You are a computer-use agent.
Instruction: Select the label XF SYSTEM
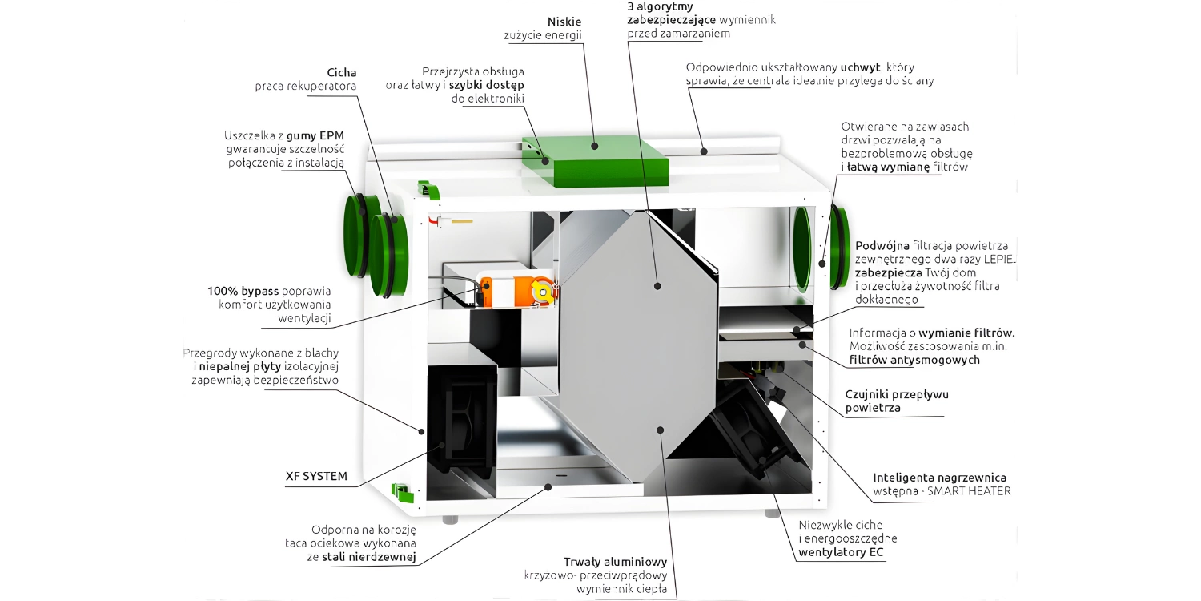(x=316, y=476)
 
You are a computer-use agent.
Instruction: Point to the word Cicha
(x=342, y=72)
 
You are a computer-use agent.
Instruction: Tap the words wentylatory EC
(x=842, y=552)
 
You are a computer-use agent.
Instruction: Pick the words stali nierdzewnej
(x=369, y=556)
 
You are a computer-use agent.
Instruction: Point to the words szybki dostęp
(x=486, y=84)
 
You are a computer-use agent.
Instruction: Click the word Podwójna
(x=882, y=245)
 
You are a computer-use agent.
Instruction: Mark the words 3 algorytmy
(x=661, y=6)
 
